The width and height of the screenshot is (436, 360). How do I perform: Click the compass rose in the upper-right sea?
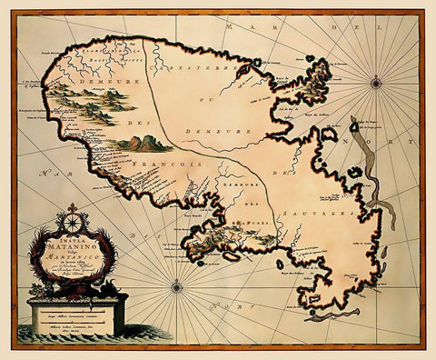point(376,84)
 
